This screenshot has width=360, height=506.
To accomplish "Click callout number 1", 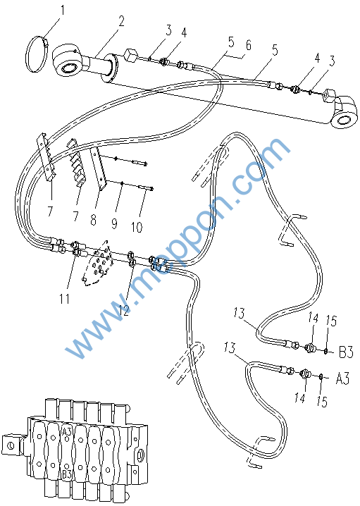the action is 63,10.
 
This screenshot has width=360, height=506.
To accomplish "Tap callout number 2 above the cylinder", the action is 121,21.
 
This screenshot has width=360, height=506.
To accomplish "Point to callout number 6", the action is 248,45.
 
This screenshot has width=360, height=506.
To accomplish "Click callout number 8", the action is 93,220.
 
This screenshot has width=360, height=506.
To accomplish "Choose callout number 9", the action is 114,223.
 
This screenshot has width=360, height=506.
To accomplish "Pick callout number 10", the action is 137,227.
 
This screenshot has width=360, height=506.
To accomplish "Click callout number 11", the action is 64,299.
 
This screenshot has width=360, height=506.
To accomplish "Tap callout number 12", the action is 124,310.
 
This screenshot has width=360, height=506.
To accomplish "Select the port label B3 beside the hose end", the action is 346,352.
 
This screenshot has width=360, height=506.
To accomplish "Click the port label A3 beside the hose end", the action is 342,378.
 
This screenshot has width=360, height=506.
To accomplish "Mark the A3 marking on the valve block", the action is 66,431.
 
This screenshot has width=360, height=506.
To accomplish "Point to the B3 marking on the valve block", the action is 67,475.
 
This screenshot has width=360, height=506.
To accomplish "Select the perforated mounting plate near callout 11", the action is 97,264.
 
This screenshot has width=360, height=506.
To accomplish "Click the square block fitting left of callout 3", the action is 131,55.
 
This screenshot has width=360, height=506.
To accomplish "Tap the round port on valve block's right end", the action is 140,456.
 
